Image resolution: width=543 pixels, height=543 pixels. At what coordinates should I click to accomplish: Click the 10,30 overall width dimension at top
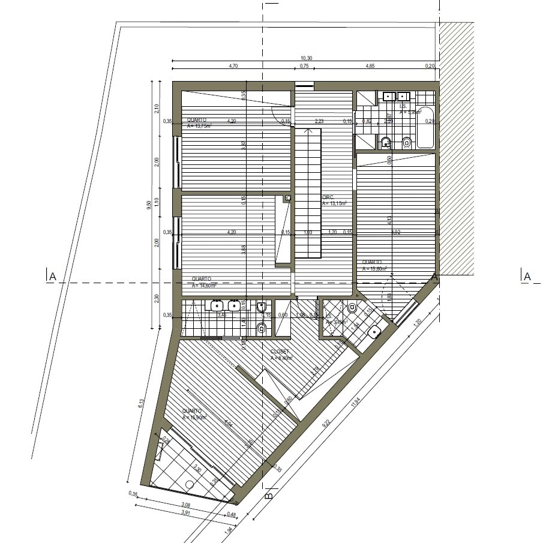point(306,58)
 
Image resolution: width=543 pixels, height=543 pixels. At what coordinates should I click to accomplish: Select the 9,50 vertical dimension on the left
point(149,205)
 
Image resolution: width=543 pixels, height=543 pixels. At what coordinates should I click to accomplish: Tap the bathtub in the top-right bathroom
point(427,127)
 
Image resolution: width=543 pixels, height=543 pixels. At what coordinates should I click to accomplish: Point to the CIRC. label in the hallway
point(328,197)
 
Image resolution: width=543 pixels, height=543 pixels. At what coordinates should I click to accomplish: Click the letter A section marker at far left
point(52,276)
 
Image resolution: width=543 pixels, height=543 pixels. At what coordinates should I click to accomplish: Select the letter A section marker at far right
point(527,276)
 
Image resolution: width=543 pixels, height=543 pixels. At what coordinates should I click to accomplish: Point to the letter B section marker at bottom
point(269,496)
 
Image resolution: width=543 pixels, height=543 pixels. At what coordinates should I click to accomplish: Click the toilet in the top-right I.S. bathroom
point(407,142)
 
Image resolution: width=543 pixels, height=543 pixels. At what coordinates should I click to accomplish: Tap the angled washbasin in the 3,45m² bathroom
point(376,331)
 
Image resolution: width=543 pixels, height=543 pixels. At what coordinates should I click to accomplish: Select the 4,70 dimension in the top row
point(233,66)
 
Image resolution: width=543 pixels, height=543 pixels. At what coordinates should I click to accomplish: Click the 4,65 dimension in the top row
point(370,66)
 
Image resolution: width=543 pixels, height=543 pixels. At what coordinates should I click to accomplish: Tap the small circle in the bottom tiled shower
point(190,484)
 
